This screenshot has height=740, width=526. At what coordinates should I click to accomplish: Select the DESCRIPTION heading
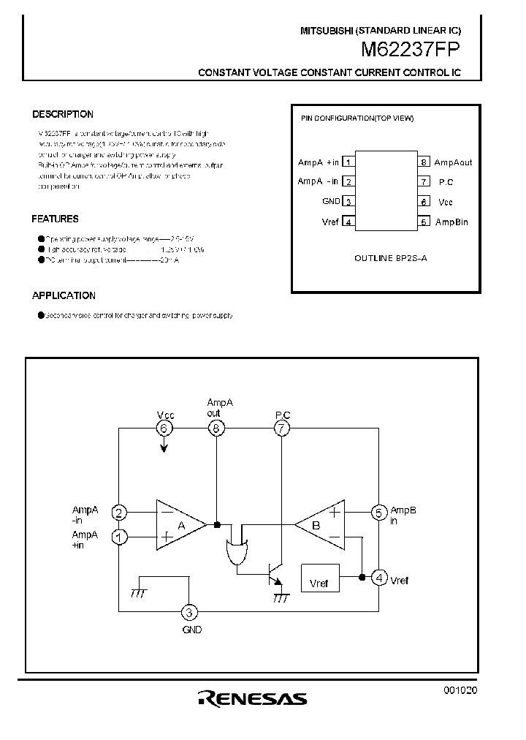point(63,115)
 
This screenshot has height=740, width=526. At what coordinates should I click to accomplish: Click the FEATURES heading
point(56,219)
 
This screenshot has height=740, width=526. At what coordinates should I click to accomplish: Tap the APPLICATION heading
point(64,295)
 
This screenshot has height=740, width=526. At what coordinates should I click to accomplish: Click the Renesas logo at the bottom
point(253,699)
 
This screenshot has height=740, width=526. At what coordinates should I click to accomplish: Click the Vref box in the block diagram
point(319,582)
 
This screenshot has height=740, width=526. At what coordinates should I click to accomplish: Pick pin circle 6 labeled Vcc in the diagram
point(164,429)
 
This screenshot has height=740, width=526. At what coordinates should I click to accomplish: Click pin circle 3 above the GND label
point(189,613)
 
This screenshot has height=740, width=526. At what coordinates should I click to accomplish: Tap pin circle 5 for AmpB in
point(378,513)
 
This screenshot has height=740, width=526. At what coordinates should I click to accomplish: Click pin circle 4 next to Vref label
point(378,578)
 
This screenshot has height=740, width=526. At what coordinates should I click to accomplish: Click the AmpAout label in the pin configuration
point(453,162)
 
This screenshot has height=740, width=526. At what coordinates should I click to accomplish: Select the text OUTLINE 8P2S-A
point(390,259)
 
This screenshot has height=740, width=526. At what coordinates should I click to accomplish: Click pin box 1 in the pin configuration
point(349,162)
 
